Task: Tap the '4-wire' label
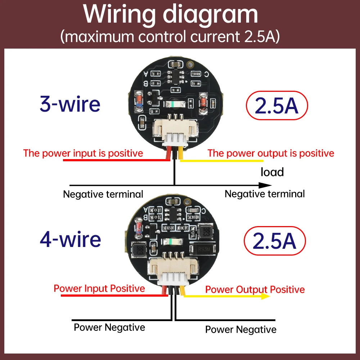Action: [x=70, y=239]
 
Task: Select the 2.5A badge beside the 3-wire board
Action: [x=276, y=105]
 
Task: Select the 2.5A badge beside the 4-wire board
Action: [x=275, y=241]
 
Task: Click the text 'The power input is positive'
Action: [x=83, y=153]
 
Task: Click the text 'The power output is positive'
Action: [x=271, y=153]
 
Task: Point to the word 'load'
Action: [x=272, y=172]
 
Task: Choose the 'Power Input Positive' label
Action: [x=99, y=288]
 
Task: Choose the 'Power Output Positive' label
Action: [x=255, y=289]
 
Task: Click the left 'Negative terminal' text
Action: [x=103, y=194]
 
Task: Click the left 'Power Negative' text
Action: [x=109, y=327]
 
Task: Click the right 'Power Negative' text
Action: [x=241, y=329]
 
